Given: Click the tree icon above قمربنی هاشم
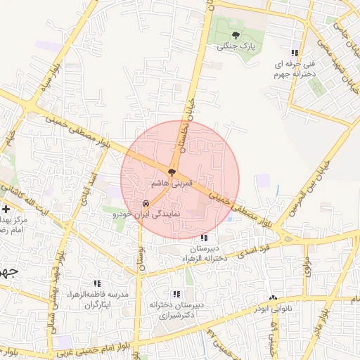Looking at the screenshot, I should [x=171, y=171].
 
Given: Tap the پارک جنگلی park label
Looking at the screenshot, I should [x=236, y=46].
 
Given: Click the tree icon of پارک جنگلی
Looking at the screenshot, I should [x=236, y=34].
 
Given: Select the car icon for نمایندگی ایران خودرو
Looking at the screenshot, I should [x=146, y=203].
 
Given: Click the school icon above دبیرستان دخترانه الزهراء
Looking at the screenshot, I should [x=204, y=238].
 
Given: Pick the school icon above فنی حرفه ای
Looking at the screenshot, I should [x=295, y=52].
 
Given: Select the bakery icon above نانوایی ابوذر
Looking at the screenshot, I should [x=273, y=297].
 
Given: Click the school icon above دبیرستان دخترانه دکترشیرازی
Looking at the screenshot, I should [x=176, y=294].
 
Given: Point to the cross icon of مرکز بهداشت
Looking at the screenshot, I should [x=6, y=209].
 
